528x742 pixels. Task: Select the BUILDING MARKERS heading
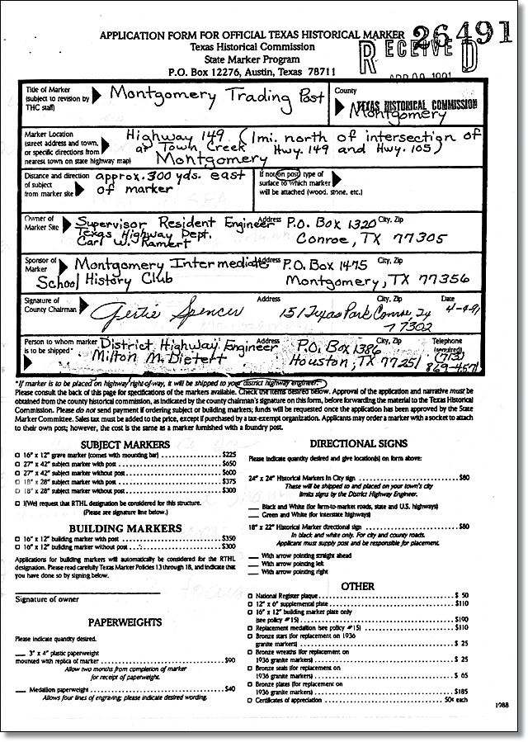[137, 527]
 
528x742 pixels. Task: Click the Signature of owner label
[46, 598]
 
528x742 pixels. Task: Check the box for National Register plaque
[251, 595]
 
